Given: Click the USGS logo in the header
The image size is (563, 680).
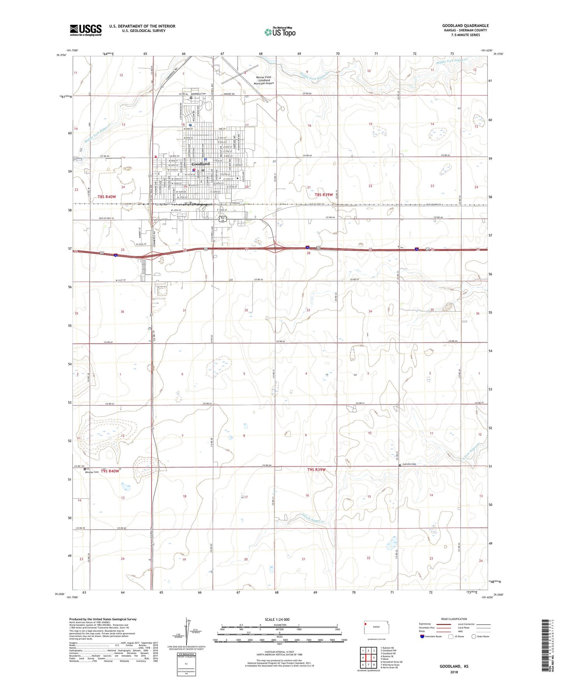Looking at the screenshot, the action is tap(86, 30).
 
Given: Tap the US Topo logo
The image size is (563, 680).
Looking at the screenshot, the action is tap(280, 32).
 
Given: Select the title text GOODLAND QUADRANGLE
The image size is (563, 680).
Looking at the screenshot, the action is tap(465, 26).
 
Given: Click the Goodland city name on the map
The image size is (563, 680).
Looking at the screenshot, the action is tap(200, 164).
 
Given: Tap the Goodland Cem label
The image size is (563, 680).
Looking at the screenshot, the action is tap(198, 94).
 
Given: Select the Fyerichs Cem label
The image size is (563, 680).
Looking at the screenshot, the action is tap(409, 464).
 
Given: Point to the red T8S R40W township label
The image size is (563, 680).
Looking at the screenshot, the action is tap(107, 197).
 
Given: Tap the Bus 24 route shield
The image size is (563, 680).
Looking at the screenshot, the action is tap(222, 219).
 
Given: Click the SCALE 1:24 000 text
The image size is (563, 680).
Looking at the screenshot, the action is tap(277, 620).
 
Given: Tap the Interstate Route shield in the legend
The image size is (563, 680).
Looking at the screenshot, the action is tap(423, 636).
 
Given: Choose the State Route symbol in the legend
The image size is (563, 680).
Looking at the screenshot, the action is tap(474, 636).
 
